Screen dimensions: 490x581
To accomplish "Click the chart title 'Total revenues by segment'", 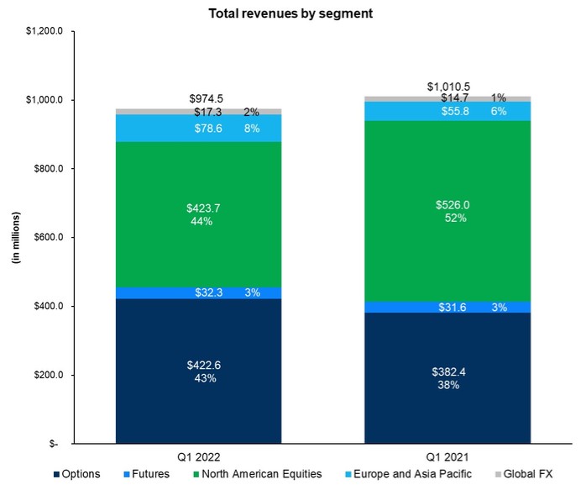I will pos(290,13).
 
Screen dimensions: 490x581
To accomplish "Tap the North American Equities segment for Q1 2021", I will pos(448,252).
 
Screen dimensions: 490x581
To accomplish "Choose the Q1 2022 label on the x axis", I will pos(199,456).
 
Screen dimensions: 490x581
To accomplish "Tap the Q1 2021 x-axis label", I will pos(448,456).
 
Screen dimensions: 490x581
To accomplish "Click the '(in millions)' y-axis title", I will pos(14,238).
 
